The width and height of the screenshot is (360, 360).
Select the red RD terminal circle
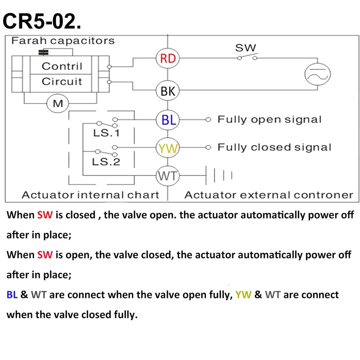pyautogui.click(x=167, y=58)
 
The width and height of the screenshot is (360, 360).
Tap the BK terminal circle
pyautogui.click(x=167, y=91)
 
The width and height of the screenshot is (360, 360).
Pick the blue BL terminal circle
pyautogui.click(x=167, y=120)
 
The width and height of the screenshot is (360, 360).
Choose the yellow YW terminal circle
pyautogui.click(x=167, y=148)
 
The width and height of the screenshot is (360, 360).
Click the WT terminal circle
pyautogui.click(x=167, y=176)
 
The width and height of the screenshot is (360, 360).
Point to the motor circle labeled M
pyautogui.click(x=58, y=104)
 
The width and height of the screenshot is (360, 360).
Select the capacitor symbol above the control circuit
pyautogui.click(x=44, y=52)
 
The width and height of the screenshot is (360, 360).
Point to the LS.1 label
pyautogui.click(x=106, y=133)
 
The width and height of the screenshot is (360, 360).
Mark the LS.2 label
pyautogui.click(x=106, y=162)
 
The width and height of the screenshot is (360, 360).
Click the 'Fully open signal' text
pyautogui.click(x=270, y=120)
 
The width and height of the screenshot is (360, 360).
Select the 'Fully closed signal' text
pyautogui.click(x=274, y=147)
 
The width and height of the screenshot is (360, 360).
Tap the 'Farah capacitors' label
pyautogui.click(x=63, y=40)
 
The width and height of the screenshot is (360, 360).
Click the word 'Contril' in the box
pyautogui.click(x=62, y=67)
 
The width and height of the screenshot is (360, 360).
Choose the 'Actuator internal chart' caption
pyautogui.click(x=90, y=195)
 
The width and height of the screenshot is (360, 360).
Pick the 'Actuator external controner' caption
pyautogui.click(x=269, y=195)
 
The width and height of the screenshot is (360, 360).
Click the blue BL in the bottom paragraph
pyautogui.click(x=12, y=295)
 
